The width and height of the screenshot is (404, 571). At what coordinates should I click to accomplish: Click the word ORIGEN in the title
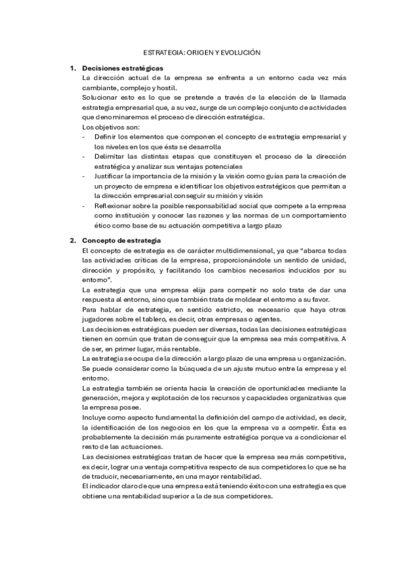(x=193, y=51)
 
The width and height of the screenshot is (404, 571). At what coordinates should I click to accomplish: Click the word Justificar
(x=111, y=176)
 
